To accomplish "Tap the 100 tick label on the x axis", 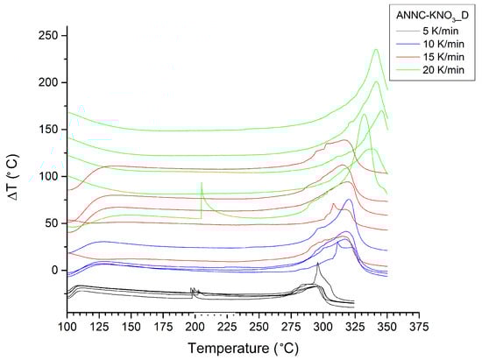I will pos(67,327).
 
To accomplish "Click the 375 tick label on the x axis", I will pos(420,327).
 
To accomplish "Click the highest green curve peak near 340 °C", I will pos(376,50).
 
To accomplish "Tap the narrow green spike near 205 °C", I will pos(202,184).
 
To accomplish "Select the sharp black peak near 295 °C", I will pos(317,263).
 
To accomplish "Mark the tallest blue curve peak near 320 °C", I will pos(349,201).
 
